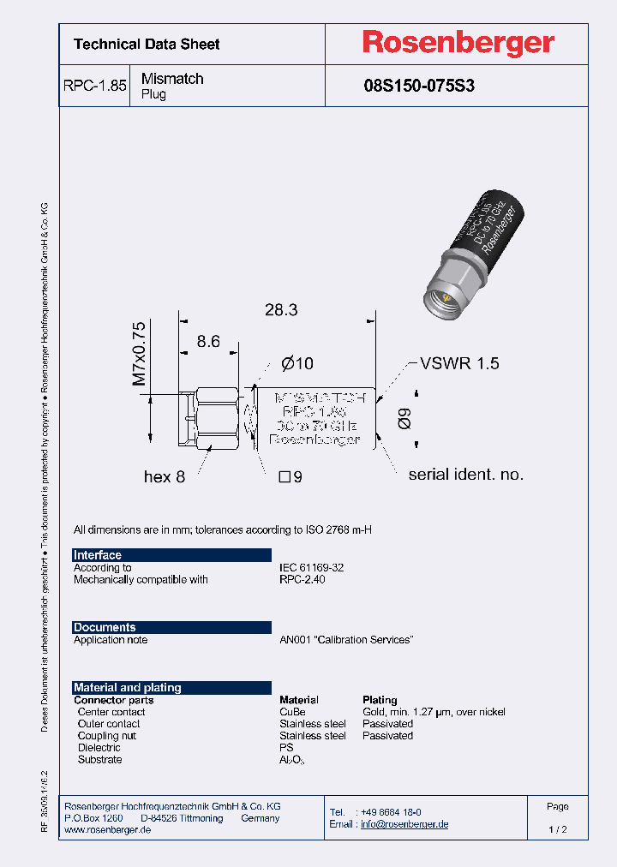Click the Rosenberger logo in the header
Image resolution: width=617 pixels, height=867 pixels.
[458, 43]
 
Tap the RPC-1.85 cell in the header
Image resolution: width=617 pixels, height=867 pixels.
[94, 87]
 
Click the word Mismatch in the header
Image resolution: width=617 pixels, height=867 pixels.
[172, 79]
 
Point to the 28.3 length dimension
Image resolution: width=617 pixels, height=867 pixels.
[280, 310]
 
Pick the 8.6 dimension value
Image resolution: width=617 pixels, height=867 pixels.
[208, 342]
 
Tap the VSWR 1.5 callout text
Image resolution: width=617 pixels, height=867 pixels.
[458, 363]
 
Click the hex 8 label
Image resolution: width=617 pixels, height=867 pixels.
[165, 476]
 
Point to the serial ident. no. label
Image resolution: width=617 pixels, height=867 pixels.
[465, 475]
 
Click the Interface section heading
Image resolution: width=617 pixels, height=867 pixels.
[98, 555]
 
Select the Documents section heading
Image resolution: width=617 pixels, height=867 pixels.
[105, 627]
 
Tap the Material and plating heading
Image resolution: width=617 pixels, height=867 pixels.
[128, 687]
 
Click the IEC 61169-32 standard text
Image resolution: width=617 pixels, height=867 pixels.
[311, 567]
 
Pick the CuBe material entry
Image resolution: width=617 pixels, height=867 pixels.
[292, 712]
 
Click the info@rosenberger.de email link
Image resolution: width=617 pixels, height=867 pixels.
[404, 824]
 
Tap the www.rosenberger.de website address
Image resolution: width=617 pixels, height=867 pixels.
[108, 831]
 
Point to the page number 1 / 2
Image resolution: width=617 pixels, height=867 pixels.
[557, 830]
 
